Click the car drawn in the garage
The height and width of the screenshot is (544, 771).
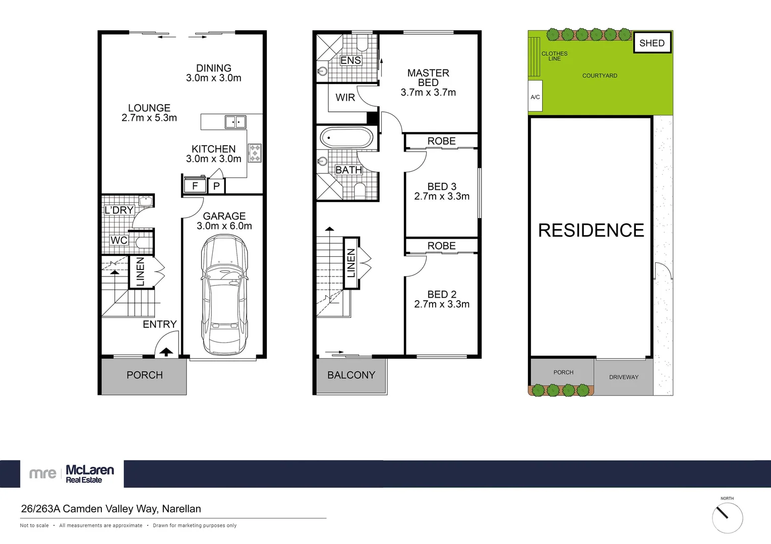coord(224,295)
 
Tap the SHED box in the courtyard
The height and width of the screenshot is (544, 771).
coord(651,43)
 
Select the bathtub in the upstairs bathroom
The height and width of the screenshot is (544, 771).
coord(346,138)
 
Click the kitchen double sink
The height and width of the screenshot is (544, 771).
coord(235,122)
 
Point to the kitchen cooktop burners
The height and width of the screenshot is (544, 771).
coord(255,153)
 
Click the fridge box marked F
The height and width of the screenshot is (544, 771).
coord(195,186)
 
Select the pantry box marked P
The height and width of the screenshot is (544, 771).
coord(216,186)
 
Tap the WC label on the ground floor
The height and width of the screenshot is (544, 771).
coord(119,240)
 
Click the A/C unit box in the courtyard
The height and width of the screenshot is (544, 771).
coord(535,97)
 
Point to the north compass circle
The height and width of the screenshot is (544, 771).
coord(727,517)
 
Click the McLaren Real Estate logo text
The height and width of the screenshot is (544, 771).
coord(89,473)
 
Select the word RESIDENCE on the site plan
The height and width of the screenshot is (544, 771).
coord(591,230)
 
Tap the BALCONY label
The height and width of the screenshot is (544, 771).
coord(351,375)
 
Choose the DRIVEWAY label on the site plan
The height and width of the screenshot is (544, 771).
coord(623,377)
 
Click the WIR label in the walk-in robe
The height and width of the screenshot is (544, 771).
coord(345,98)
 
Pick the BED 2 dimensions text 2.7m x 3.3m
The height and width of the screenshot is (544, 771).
coord(442,304)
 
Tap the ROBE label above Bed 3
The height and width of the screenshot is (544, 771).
coord(441,141)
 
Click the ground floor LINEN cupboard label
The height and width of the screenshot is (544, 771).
coord(140,272)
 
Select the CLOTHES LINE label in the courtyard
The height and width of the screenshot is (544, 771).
coord(554,56)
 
